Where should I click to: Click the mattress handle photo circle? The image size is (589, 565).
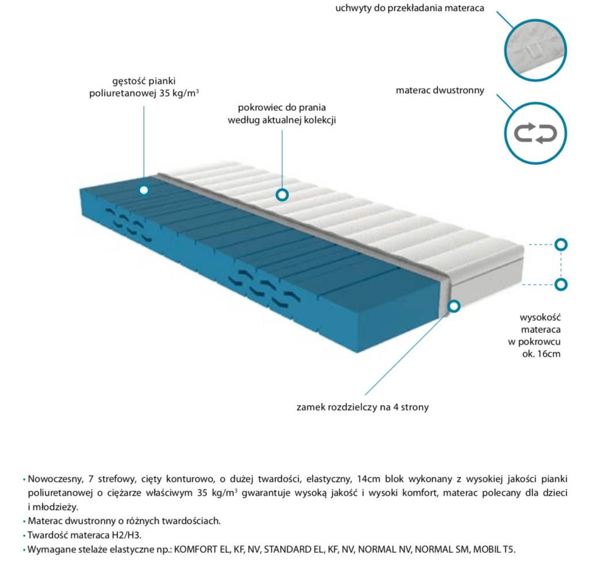click(x=535, y=51)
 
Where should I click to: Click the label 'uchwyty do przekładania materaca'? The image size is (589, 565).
click(x=410, y=8)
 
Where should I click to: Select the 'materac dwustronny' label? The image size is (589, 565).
click(x=440, y=90)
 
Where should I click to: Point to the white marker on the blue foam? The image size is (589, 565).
click(x=144, y=190)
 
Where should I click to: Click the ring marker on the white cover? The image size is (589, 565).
click(x=282, y=195)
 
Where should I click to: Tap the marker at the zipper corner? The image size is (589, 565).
click(x=454, y=306)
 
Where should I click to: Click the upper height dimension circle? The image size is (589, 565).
click(x=561, y=245)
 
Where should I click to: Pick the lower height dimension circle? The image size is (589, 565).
click(x=561, y=285)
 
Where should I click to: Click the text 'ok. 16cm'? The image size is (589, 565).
click(x=541, y=353)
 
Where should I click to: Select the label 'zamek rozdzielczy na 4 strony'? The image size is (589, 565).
click(x=362, y=408)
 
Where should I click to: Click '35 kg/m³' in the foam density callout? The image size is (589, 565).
click(x=179, y=93)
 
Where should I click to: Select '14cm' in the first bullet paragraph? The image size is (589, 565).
click(x=369, y=479)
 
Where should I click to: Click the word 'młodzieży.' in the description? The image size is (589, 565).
click(x=55, y=507)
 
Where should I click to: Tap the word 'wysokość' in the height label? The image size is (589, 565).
click(x=540, y=318)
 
